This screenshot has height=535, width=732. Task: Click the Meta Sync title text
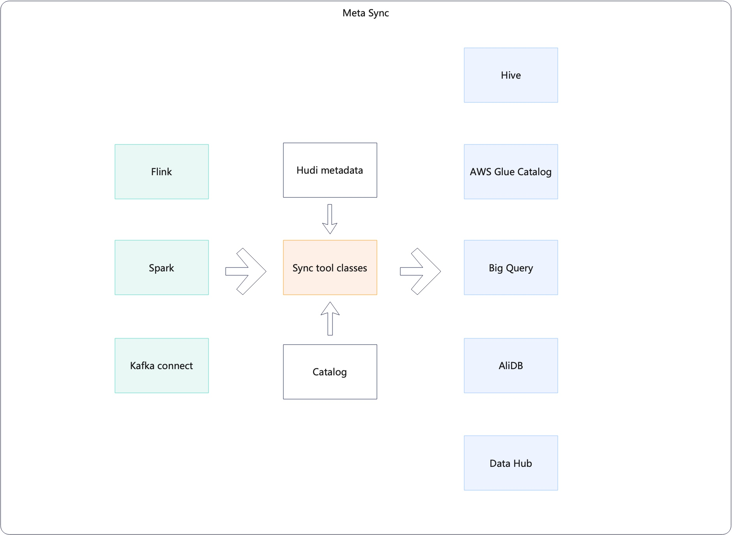point(366,13)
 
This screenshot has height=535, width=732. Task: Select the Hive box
point(511,75)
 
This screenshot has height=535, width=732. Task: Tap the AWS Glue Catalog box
point(511,172)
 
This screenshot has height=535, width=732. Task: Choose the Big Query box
point(511,267)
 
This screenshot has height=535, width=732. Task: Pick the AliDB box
point(511,366)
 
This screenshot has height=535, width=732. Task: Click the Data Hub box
point(511,463)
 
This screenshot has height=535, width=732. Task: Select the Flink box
point(161,172)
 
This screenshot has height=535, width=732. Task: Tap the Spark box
point(161,267)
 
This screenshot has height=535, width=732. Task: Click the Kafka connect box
point(161,366)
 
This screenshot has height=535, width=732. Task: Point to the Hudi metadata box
point(330,170)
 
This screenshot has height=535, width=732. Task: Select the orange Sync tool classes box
point(330,267)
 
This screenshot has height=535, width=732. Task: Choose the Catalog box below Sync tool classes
point(330,372)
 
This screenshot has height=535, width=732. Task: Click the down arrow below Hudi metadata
point(330,219)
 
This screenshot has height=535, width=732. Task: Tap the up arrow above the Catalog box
point(330,318)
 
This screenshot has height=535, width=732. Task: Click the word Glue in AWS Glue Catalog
point(504,172)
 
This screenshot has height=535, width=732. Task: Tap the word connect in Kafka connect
point(175,366)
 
